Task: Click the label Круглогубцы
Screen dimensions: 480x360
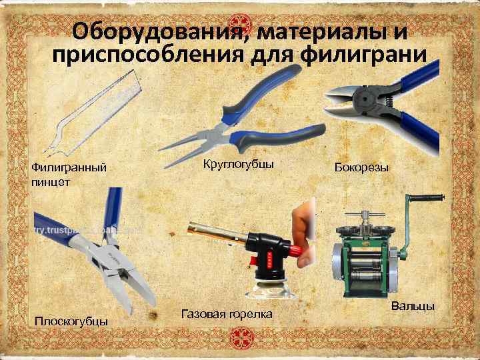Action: click(x=238, y=165)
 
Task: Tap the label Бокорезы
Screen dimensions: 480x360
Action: click(x=361, y=168)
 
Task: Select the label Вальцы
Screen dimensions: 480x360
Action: click(x=413, y=306)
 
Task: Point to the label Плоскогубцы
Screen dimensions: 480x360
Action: click(x=71, y=322)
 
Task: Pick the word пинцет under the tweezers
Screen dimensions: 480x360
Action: click(x=51, y=183)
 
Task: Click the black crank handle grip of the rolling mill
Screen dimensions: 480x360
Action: click(x=427, y=198)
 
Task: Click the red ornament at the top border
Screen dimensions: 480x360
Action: click(x=240, y=22)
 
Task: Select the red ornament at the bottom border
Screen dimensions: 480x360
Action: click(x=242, y=338)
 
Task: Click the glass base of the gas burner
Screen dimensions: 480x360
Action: click(x=271, y=289)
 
